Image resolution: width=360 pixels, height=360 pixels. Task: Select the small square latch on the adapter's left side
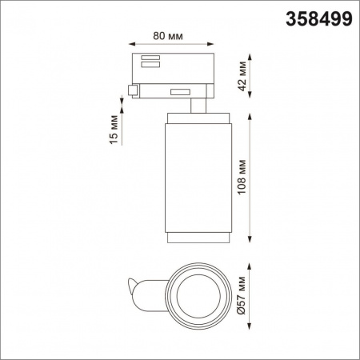pos(130,90)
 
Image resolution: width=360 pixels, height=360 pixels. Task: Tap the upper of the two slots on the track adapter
pos(149,57)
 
